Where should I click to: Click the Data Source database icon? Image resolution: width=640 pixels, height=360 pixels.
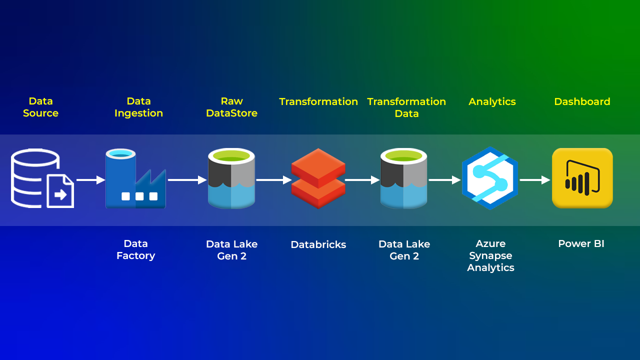[42, 178]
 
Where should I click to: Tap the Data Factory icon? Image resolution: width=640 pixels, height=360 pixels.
[135, 178]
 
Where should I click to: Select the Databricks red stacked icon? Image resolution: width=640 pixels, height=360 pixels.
[318, 178]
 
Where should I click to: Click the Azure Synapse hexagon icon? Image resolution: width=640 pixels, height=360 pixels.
[489, 178]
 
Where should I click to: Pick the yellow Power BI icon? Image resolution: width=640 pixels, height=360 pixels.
[582, 178]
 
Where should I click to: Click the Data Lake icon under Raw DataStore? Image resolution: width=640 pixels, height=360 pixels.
[231, 178]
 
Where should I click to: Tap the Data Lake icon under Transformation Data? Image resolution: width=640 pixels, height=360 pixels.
[403, 178]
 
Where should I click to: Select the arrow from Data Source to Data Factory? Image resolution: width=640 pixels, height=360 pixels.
[90, 180]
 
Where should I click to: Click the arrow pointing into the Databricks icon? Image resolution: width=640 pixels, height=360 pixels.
[273, 180]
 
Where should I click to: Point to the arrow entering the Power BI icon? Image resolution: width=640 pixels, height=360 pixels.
[534, 180]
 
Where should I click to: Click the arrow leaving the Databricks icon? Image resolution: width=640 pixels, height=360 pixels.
[362, 180]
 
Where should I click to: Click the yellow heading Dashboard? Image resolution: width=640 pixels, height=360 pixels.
[582, 101]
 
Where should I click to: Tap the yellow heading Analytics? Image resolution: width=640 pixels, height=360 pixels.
[492, 101]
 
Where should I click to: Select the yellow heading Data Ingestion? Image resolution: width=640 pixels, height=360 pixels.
[138, 107]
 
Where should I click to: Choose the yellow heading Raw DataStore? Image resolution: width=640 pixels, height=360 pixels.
[231, 107]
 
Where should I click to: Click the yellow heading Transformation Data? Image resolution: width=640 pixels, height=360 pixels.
[406, 107]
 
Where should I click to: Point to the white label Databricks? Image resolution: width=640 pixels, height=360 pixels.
[318, 244]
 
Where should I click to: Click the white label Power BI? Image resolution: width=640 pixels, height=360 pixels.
[581, 244]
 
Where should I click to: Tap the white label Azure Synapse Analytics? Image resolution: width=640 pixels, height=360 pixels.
[490, 255]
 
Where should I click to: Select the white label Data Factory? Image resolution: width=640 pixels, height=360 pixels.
[135, 249]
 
